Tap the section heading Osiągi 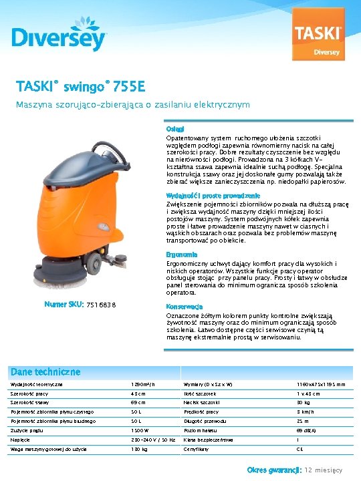tap(174, 128)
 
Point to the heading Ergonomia tap(181, 255)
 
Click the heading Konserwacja tap(185, 307)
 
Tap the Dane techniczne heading tap(46, 371)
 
